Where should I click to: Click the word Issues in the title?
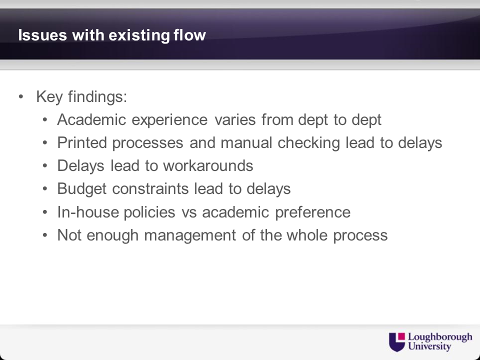(x=42, y=35)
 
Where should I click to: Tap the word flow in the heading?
(x=189, y=34)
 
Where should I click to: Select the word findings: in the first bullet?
(x=97, y=97)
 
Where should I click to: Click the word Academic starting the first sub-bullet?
(x=91, y=119)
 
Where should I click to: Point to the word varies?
(x=235, y=119)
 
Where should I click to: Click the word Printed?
(x=82, y=142)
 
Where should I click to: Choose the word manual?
(x=246, y=142)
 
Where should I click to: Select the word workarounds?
(x=208, y=165)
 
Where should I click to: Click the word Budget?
(x=82, y=189)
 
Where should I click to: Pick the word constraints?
(x=150, y=189)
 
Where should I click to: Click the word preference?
(x=313, y=212)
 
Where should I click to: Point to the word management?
(x=190, y=235)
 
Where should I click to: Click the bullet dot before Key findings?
(x=21, y=96)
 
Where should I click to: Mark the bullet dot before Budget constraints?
(x=45, y=188)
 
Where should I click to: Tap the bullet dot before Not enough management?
(x=45, y=235)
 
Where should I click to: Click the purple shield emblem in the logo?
(x=397, y=342)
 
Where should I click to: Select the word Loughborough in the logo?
(x=440, y=337)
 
